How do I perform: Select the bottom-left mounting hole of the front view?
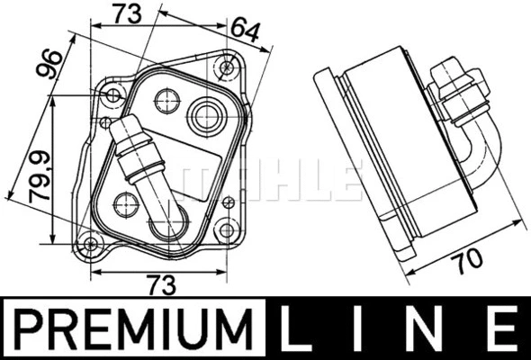pos(88,242)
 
